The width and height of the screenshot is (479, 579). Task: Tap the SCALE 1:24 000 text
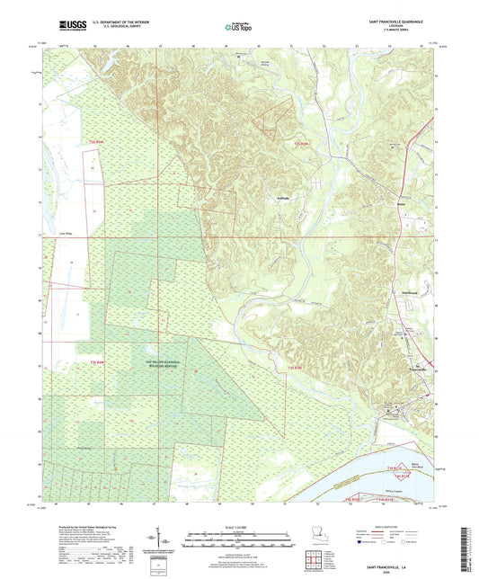point(238,528)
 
